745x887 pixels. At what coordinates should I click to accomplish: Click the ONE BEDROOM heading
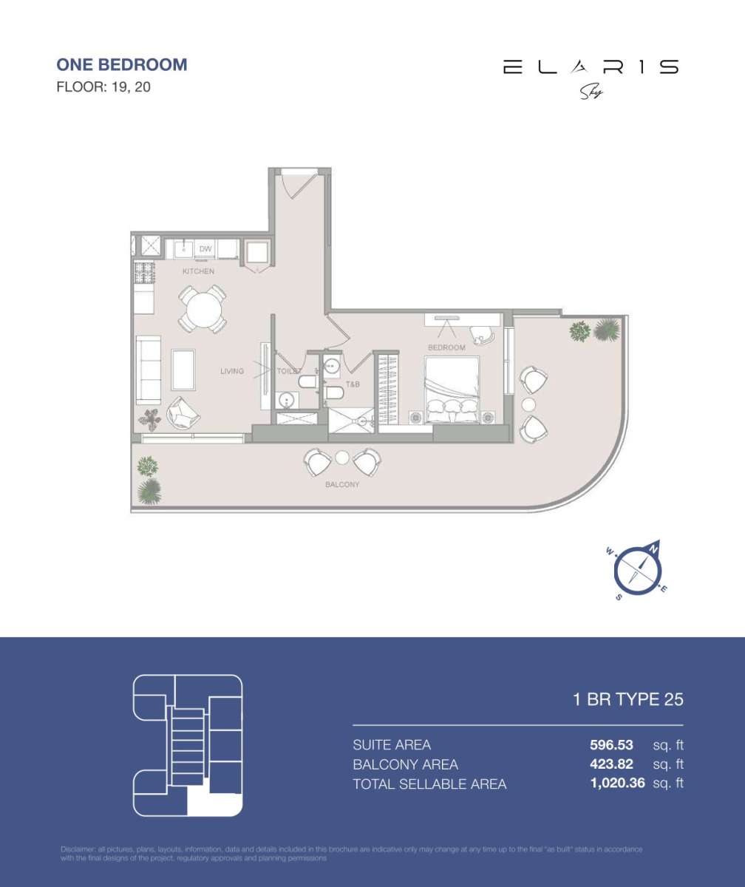[122, 64]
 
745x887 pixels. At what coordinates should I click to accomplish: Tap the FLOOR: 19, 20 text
[104, 87]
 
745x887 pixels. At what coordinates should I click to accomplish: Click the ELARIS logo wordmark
[591, 67]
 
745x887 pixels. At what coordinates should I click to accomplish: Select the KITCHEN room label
[198, 271]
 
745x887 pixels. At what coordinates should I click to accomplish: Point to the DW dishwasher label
[205, 249]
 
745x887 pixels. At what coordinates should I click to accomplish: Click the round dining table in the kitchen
[202, 310]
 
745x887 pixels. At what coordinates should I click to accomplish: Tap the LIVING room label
[231, 371]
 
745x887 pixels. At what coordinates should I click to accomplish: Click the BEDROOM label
[446, 347]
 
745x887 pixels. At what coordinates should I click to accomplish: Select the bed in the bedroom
[451, 390]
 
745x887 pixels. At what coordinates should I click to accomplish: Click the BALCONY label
[342, 485]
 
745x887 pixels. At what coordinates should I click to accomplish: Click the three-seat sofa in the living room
[149, 370]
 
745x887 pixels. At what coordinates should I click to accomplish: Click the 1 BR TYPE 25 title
[628, 699]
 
